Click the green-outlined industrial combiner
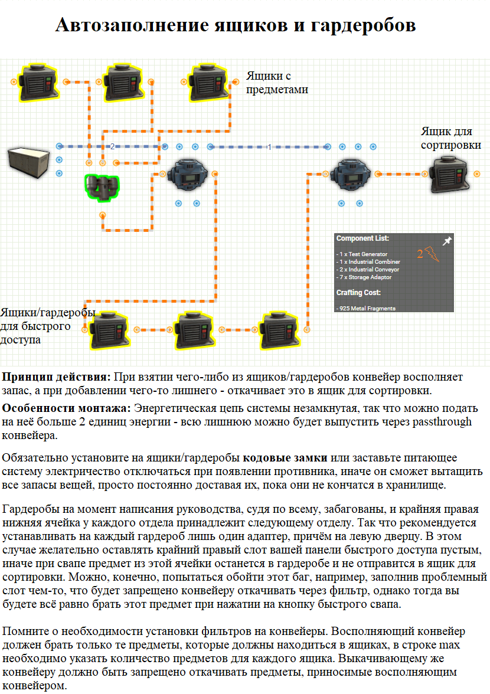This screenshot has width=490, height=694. click(x=102, y=187)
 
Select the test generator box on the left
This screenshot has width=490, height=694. click(x=29, y=162)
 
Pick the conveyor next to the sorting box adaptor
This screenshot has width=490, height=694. click(x=351, y=175)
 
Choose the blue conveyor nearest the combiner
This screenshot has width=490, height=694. click(x=188, y=175)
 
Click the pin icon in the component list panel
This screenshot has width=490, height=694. click(x=447, y=241)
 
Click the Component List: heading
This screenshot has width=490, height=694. click(x=362, y=238)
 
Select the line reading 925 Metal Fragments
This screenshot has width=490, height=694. click(x=365, y=309)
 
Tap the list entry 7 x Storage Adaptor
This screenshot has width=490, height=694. click(x=364, y=277)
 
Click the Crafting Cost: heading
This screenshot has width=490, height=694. click(x=358, y=293)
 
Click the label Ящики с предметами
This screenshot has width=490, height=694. click(x=277, y=83)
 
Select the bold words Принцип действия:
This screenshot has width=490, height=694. click(x=56, y=378)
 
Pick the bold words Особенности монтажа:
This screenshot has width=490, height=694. click(x=66, y=408)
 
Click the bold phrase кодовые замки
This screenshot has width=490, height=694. click(x=285, y=458)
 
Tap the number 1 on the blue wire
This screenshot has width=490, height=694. click(x=269, y=147)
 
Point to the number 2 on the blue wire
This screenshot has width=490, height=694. click(x=112, y=146)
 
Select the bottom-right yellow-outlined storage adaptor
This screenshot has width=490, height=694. click(x=280, y=330)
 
